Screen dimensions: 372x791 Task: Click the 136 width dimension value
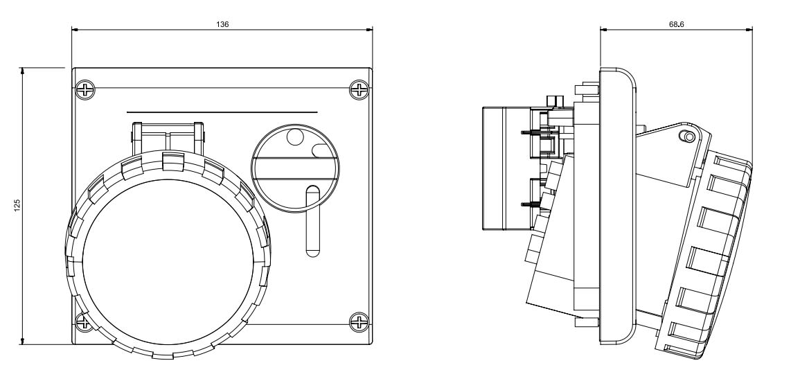pos(222,24)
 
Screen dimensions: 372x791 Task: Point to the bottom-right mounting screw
pos(359,321)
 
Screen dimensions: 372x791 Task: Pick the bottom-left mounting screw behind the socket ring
pos(83,321)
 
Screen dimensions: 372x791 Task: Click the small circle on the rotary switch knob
pos(296,137)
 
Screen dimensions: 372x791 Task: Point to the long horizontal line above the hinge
pos(222,112)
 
